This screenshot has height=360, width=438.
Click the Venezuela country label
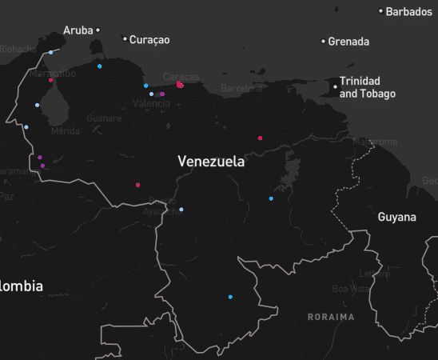click(211, 162)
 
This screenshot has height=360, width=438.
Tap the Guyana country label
click(397, 217)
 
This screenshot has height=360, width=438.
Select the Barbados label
click(408, 11)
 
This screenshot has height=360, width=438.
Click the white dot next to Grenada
click(324, 41)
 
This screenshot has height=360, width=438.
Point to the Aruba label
click(78, 30)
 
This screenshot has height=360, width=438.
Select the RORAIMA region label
click(331, 317)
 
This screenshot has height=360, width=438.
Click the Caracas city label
click(181, 77)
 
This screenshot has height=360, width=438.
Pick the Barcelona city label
click(241, 89)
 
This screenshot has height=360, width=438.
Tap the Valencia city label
click(151, 104)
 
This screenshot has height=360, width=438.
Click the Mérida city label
click(65, 130)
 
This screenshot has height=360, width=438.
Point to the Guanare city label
click(104, 118)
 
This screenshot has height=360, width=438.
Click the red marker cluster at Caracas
click(180, 84)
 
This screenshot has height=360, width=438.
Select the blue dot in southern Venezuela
click(230, 298)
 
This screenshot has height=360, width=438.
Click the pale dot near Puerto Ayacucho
click(181, 210)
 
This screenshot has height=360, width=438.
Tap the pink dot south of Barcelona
click(260, 138)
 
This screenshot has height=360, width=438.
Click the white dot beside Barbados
click(381, 11)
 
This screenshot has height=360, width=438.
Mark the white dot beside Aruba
click(98, 30)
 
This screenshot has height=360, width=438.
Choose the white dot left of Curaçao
click(125, 38)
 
